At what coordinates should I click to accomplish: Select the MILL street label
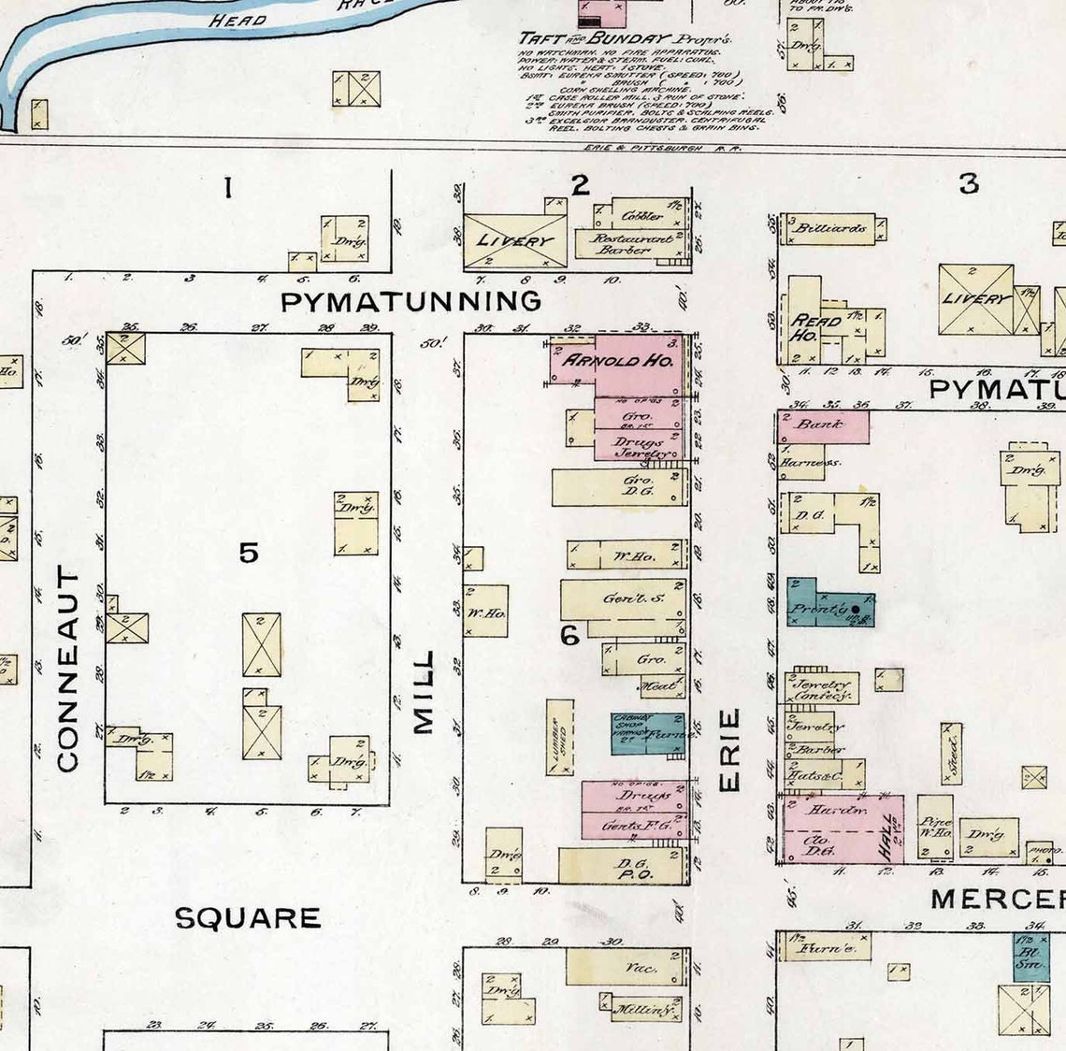(424, 692)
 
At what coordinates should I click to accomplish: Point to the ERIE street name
(729, 750)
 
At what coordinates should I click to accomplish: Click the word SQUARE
(248, 918)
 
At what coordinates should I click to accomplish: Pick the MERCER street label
(997, 900)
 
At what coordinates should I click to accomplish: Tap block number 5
(248, 553)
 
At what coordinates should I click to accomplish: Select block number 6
(569, 636)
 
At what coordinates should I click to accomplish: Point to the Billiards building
(832, 228)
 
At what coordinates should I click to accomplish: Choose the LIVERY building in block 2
(515, 240)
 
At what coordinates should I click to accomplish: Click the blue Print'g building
(830, 607)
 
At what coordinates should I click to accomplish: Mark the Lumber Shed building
(560, 737)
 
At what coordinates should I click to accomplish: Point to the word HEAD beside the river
(238, 20)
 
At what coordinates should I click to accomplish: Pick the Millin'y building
(642, 1010)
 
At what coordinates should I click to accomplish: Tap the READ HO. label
(804, 327)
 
